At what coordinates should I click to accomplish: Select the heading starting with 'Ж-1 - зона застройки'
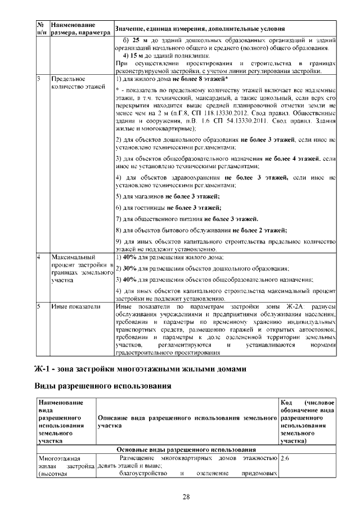click(x=141, y=369)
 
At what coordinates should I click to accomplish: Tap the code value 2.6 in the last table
click(x=285, y=458)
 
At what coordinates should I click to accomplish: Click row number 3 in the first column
click(x=39, y=79)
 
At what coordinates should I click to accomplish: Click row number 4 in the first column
click(x=39, y=257)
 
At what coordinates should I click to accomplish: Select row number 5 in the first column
click(x=39, y=307)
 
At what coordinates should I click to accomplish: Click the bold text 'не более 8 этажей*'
click(x=202, y=79)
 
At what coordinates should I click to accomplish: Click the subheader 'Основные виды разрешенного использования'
click(x=186, y=450)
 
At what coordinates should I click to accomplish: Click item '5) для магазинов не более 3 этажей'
click(x=168, y=196)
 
